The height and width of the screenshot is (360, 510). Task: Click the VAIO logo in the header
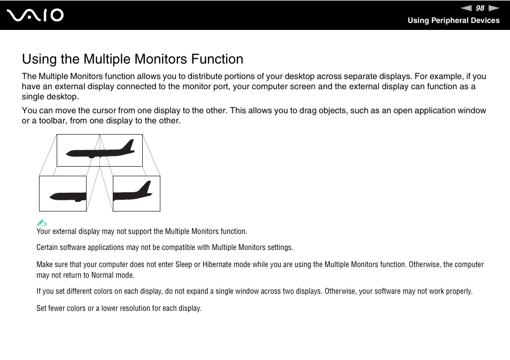click(35, 15)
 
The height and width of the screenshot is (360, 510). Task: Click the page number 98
click(480, 8)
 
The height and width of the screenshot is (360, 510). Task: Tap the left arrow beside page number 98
click(466, 8)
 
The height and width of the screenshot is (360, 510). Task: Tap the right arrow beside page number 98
click(493, 8)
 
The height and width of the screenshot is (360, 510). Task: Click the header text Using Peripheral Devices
click(453, 20)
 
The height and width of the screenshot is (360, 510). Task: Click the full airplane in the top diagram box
click(99, 150)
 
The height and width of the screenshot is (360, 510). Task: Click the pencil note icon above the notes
click(42, 223)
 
